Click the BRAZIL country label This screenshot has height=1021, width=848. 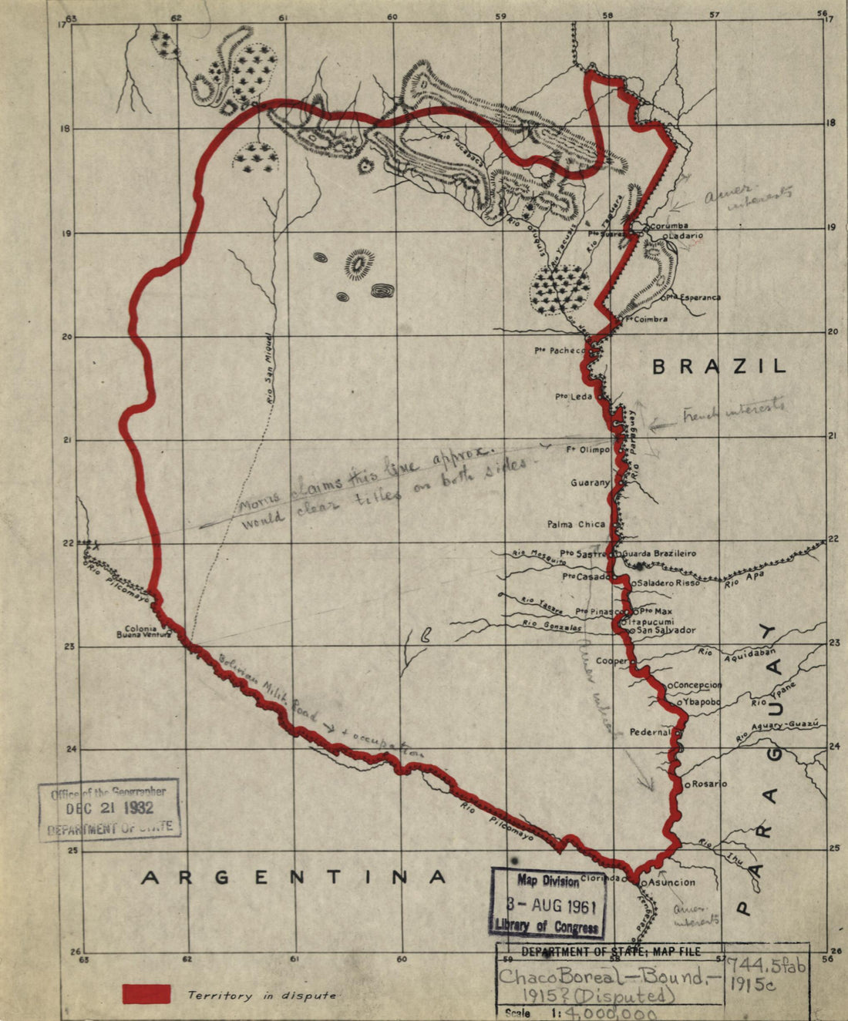(718, 366)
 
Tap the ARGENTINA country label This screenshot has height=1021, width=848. (293, 877)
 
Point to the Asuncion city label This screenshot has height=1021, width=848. (671, 882)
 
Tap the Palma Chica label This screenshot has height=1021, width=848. (576, 524)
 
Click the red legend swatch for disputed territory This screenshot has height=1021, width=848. (146, 993)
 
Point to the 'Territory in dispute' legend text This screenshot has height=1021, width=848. (262, 996)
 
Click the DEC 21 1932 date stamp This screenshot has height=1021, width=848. (109, 808)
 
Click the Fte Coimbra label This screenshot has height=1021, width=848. (646, 319)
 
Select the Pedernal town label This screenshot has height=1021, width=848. (650, 732)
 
